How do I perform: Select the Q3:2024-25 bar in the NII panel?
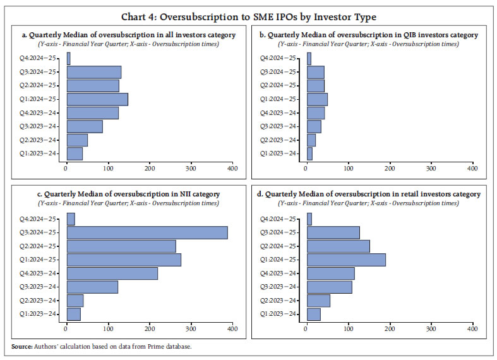click(147, 232)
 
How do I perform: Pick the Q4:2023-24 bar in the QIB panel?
click(316, 113)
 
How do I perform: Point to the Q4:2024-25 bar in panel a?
click(68, 58)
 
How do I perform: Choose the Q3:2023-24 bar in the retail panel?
click(329, 287)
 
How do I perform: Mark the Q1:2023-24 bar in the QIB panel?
click(309, 153)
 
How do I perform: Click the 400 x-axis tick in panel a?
click(232, 168)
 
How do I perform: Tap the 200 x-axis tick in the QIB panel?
click(390, 168)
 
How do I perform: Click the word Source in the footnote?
click(21, 347)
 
